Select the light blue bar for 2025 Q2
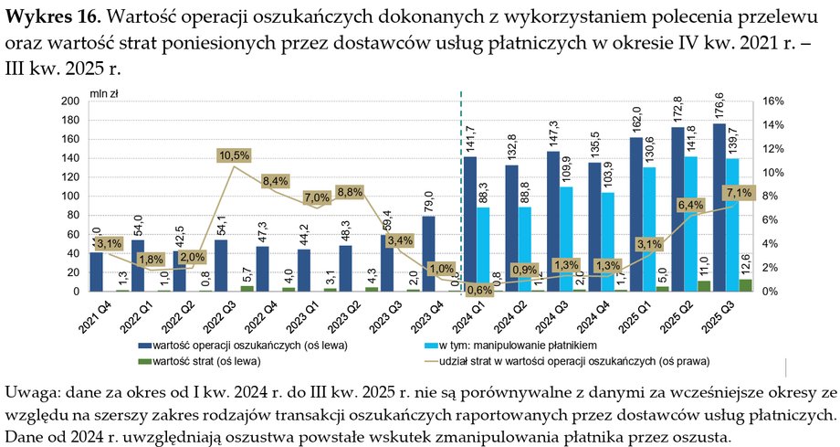[690, 224]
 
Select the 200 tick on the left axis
[70, 101]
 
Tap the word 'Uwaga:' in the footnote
[33, 392]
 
